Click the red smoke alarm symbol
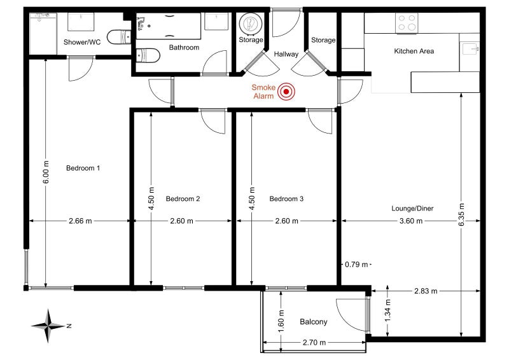[286, 92]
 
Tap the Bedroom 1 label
[83, 168]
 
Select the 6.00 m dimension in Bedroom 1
[46, 172]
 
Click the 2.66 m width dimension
[80, 221]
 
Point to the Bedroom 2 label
[183, 198]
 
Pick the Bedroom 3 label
[286, 198]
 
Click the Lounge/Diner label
[412, 209]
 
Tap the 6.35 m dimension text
[462, 214]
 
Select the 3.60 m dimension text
[411, 221]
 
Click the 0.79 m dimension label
[356, 265]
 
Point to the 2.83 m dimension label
[426, 291]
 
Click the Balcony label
[313, 322]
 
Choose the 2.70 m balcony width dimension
[314, 342]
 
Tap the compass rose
[49, 326]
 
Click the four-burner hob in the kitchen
[407, 23]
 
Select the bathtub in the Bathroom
[168, 26]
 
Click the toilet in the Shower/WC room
[119, 37]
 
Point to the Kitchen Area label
[414, 51]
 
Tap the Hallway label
[286, 54]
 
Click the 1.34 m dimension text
[388, 311]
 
